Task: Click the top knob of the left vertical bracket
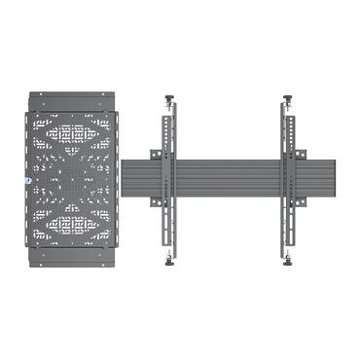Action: [172, 97]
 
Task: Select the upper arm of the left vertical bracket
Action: [168, 126]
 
